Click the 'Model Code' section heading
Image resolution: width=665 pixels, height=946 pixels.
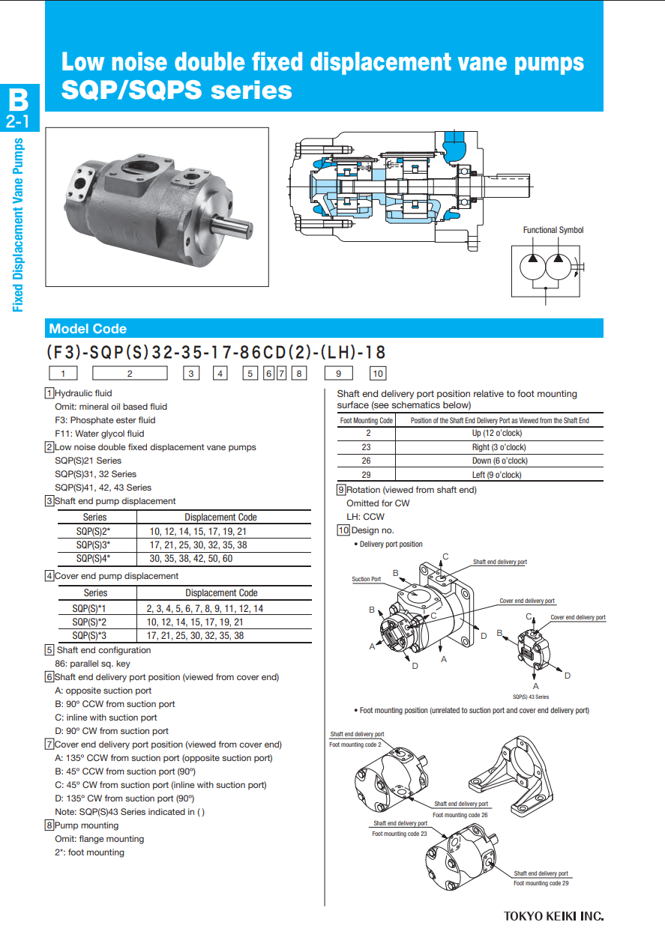click(x=88, y=329)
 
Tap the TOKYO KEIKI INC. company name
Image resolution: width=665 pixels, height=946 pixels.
click(x=553, y=916)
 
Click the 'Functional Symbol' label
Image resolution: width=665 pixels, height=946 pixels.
click(x=553, y=230)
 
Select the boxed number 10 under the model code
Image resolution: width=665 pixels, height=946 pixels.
click(x=378, y=374)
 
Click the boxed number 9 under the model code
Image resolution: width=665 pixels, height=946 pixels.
click(x=338, y=374)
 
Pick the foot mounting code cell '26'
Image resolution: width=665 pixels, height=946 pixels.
click(x=366, y=461)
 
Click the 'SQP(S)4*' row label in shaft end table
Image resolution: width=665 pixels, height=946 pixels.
click(x=94, y=559)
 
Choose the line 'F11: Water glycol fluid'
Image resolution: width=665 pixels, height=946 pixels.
click(x=99, y=434)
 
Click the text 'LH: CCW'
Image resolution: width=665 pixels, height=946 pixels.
click(x=365, y=517)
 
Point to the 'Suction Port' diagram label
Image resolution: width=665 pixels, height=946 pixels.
click(x=367, y=579)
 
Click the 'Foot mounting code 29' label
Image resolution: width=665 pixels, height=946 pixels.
click(x=541, y=883)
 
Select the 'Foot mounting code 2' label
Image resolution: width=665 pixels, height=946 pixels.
click(x=355, y=745)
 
